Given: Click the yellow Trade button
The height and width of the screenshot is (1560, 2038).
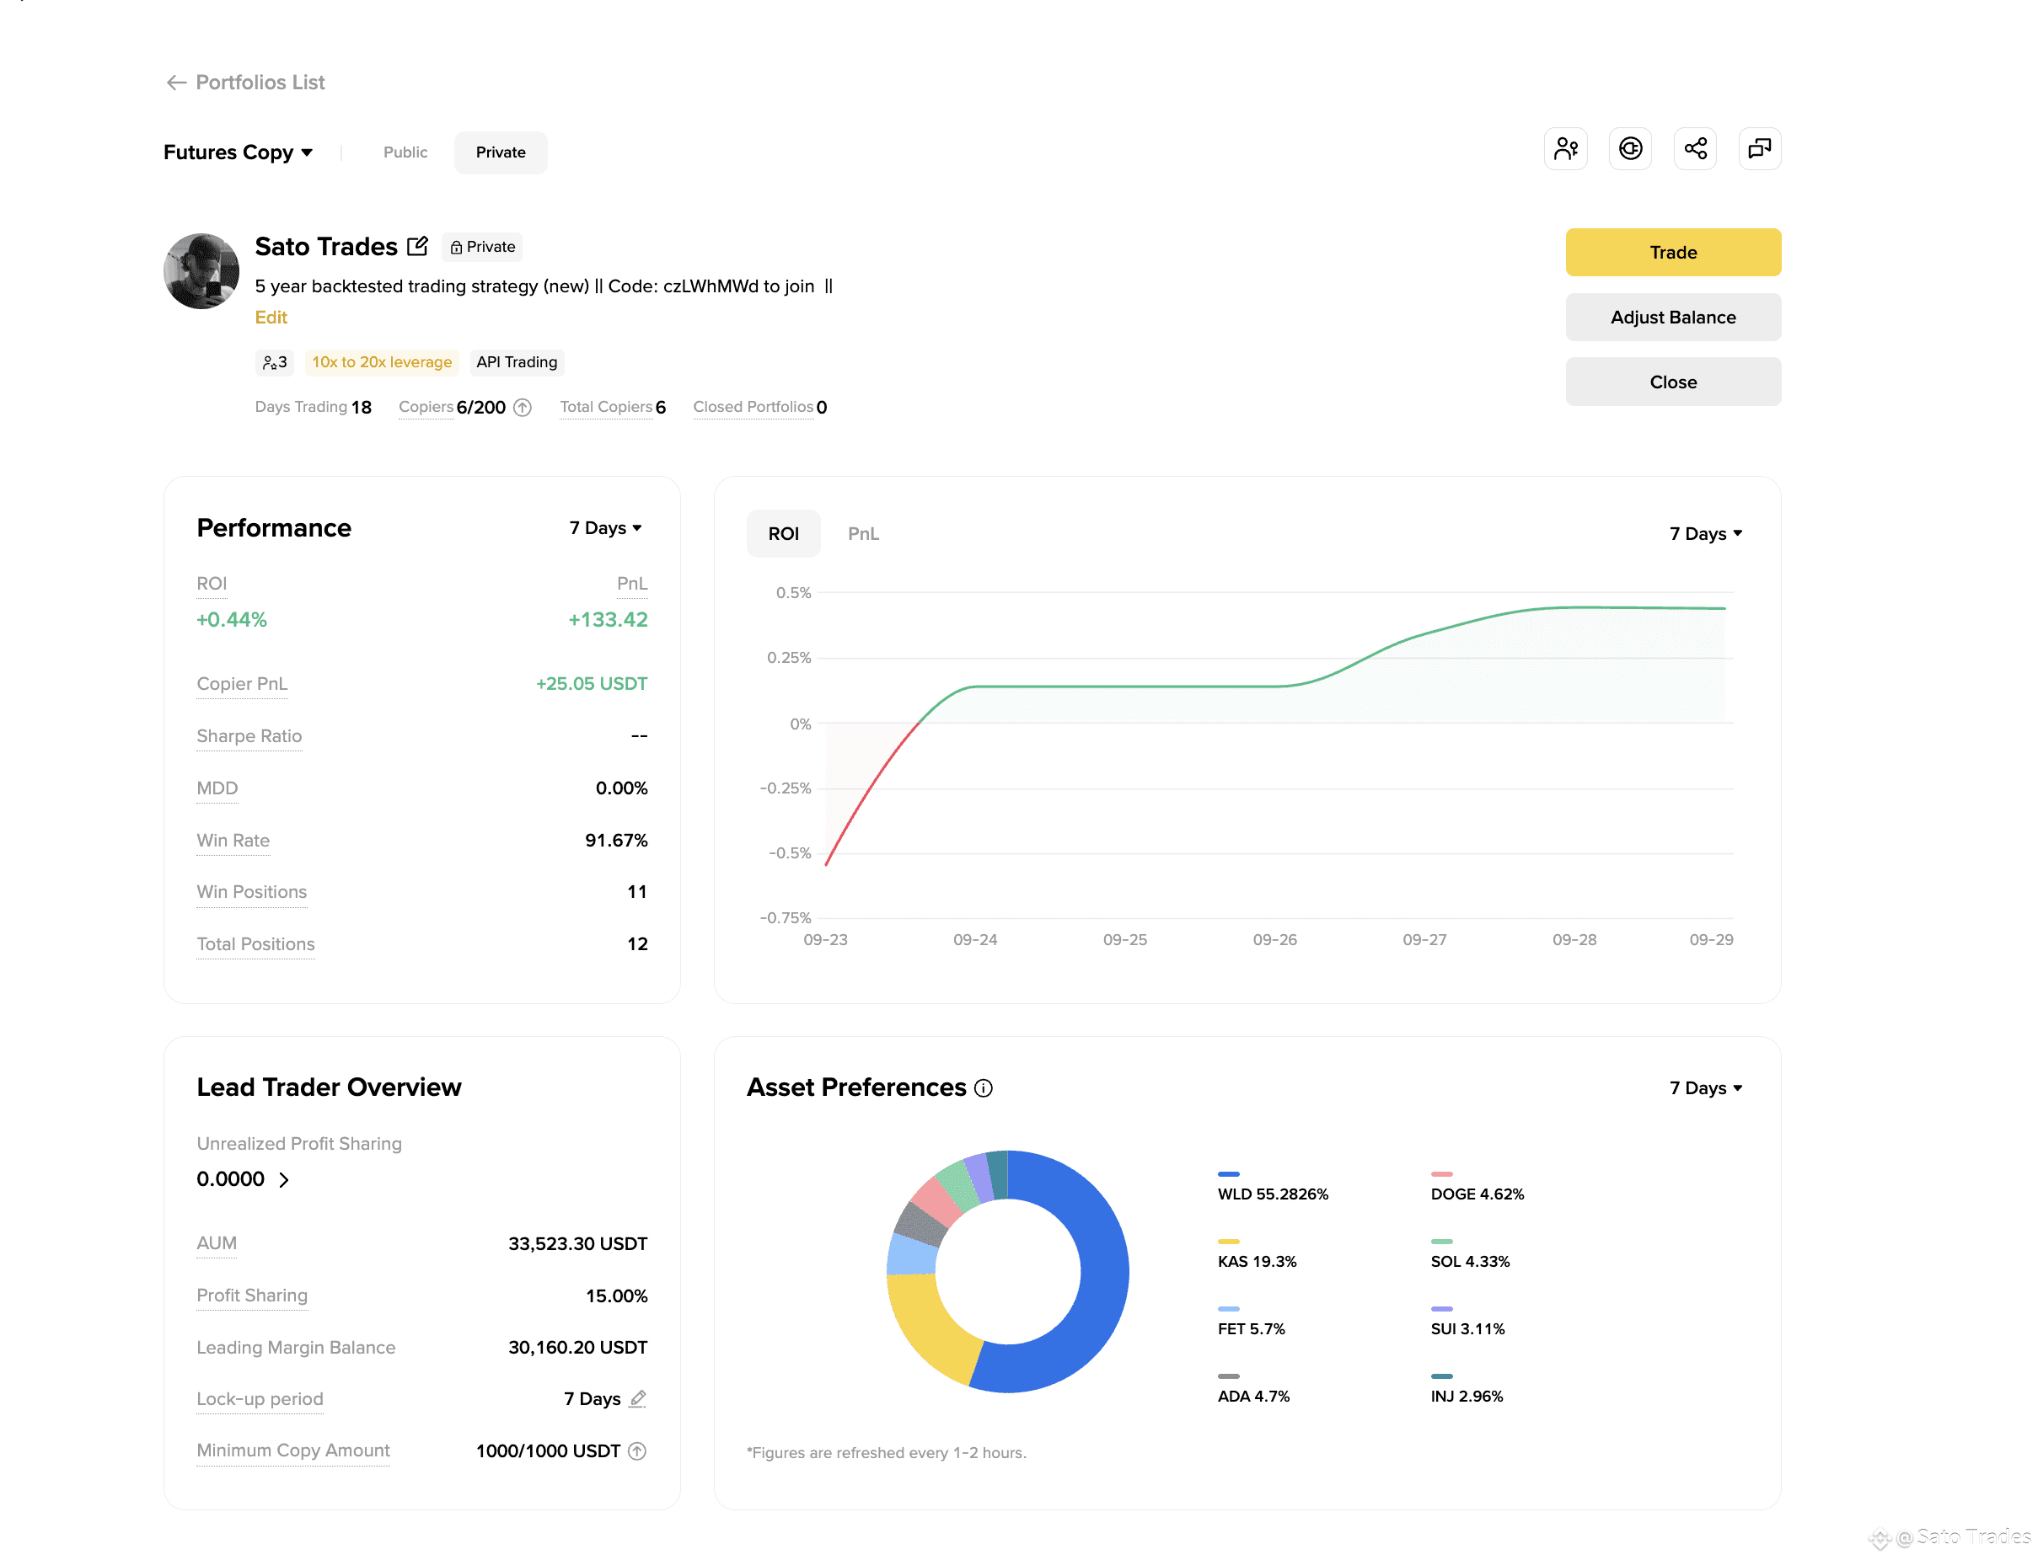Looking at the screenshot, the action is click(1672, 252).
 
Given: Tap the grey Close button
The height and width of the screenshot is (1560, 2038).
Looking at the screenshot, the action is click(1672, 382).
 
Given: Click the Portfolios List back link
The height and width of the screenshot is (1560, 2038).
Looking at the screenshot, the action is click(245, 83).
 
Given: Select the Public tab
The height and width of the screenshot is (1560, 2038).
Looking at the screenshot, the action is click(405, 152).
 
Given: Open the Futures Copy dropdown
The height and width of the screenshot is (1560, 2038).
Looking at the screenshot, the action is click(238, 152).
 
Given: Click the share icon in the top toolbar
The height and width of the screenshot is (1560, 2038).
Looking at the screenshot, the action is click(1694, 148).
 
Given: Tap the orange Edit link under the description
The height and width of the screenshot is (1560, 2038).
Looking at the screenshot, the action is click(271, 318).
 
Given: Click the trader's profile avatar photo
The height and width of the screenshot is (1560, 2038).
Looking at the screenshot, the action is click(201, 271).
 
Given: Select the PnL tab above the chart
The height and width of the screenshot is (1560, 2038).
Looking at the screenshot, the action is click(863, 534).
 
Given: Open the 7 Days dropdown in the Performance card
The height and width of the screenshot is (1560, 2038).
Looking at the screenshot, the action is click(606, 528).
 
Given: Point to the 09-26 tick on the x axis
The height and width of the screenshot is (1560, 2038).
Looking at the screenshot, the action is click(1274, 940).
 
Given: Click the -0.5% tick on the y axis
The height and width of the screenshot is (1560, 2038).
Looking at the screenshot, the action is click(790, 853).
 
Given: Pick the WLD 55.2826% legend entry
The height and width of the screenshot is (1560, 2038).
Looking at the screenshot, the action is click(1273, 1187).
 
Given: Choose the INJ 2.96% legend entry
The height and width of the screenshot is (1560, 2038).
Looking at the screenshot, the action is click(1467, 1388).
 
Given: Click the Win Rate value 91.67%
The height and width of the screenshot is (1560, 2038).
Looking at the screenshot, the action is click(616, 841).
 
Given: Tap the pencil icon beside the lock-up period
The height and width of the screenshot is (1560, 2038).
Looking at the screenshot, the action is click(637, 1398).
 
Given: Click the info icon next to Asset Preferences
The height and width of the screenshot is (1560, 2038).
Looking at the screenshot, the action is click(983, 1088).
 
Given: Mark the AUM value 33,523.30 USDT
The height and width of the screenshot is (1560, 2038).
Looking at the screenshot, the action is click(577, 1244).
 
